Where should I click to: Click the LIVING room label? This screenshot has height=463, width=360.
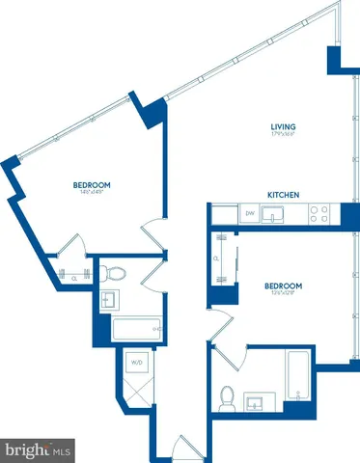click(x=282, y=127)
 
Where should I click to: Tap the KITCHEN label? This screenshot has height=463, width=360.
click(x=284, y=195)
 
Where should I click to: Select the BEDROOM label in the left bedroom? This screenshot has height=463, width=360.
click(x=92, y=185)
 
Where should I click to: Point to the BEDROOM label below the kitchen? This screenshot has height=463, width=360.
click(x=284, y=286)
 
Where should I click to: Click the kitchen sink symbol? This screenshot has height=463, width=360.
click(x=276, y=215)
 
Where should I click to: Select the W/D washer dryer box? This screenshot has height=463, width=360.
click(x=136, y=364)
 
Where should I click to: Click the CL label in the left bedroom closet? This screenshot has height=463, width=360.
click(x=74, y=277)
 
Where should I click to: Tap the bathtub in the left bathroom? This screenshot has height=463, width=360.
click(x=132, y=331)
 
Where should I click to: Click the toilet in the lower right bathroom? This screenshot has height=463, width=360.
click(x=228, y=395)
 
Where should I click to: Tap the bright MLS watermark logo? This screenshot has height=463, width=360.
click(x=39, y=449)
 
